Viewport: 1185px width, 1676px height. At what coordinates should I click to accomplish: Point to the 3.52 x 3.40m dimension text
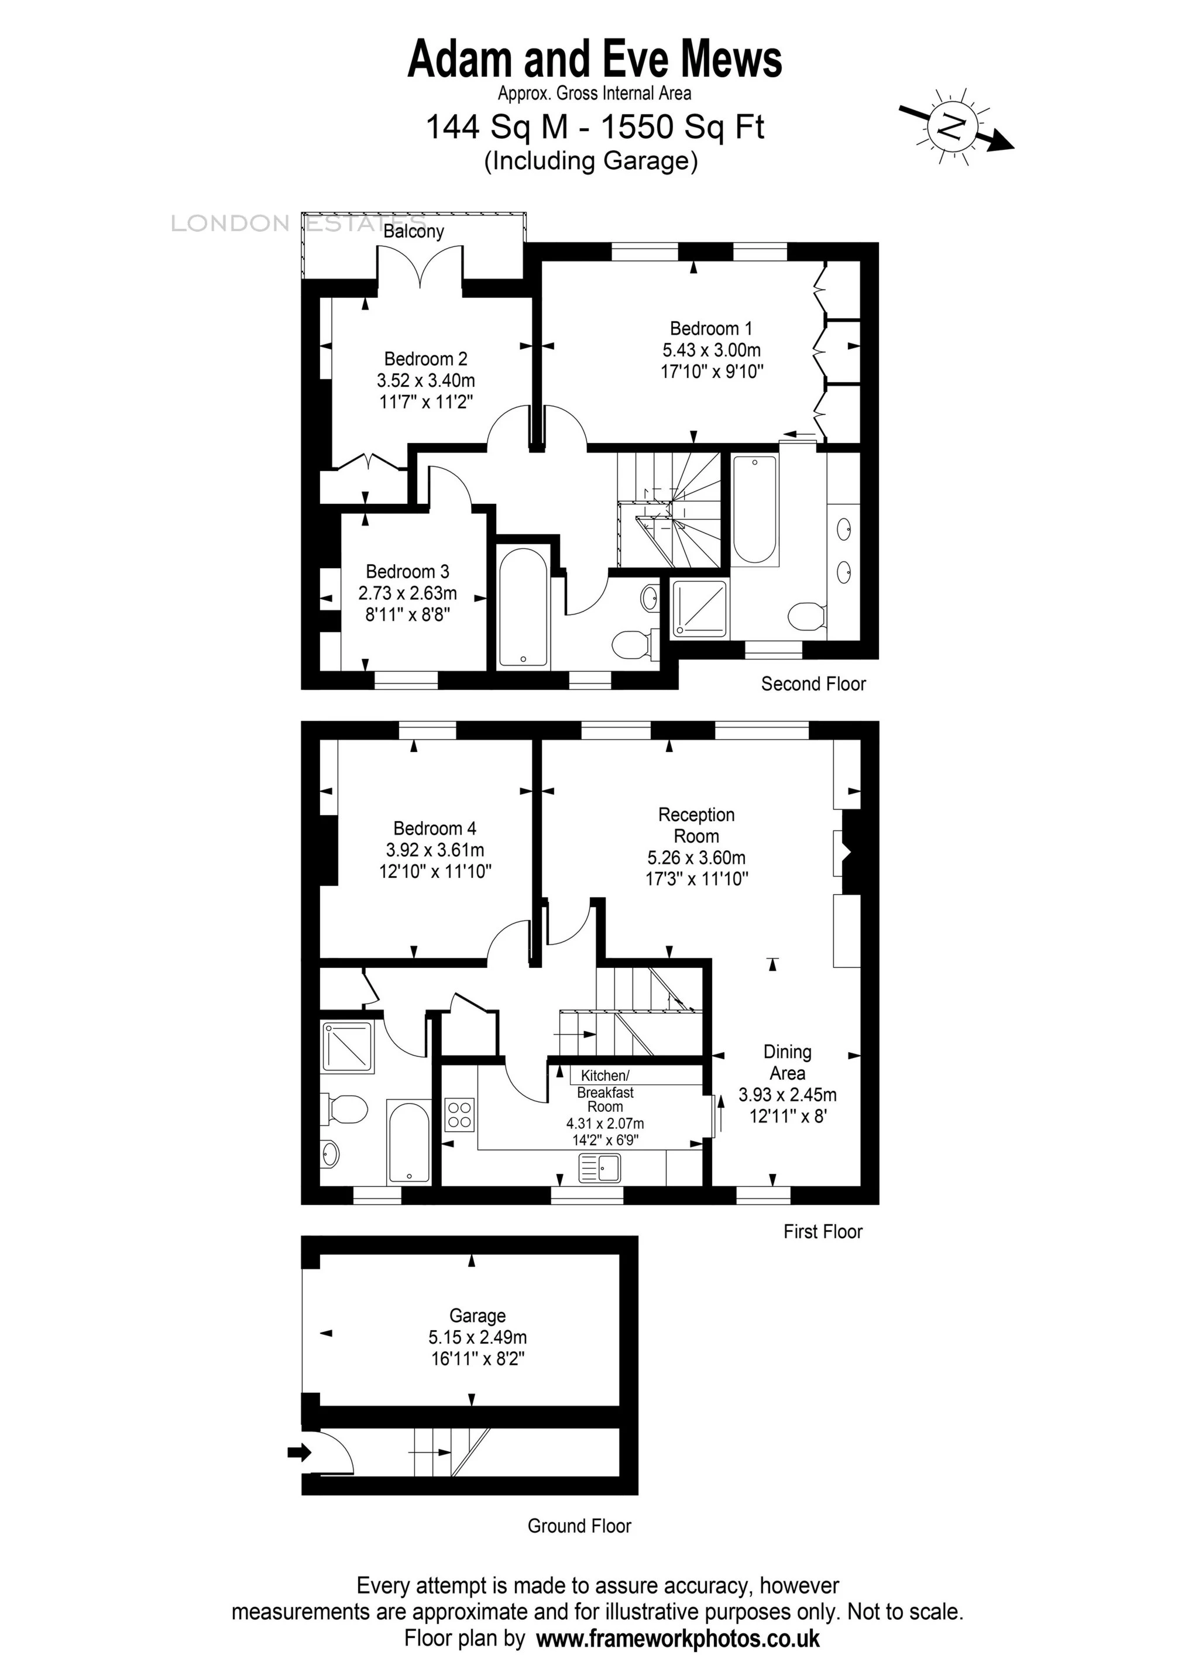click(425, 380)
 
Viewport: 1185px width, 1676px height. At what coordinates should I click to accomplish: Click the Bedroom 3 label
click(407, 572)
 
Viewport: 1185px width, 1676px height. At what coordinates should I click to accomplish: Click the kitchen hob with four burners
click(460, 1115)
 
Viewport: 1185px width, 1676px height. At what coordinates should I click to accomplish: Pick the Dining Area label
click(787, 1062)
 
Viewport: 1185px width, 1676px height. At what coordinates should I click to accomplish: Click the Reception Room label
click(696, 825)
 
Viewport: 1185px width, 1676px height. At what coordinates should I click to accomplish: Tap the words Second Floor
click(813, 684)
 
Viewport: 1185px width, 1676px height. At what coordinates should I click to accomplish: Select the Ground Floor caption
click(579, 1526)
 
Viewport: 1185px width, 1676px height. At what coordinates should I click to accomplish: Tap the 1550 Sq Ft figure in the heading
click(682, 127)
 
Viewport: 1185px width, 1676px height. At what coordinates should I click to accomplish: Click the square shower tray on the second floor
click(699, 608)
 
